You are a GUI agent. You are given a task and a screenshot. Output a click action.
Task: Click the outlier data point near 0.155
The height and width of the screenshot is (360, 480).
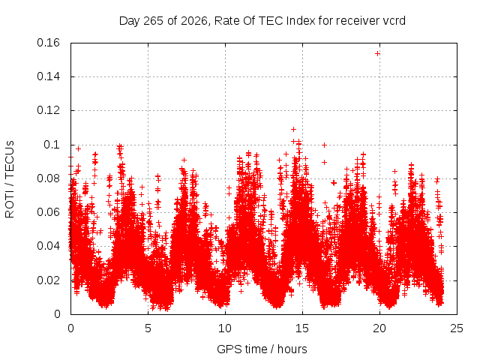377,54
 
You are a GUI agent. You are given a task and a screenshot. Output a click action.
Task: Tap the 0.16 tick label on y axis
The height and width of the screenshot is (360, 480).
48,43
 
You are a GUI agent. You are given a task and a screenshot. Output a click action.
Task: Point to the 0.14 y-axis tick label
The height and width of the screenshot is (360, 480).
48,76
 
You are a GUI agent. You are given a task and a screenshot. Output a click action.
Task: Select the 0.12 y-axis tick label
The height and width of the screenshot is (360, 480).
48,110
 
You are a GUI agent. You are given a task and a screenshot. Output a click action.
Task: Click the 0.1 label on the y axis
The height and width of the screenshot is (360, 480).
52,145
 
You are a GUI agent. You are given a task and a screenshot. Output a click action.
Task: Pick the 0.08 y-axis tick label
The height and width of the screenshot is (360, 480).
48,178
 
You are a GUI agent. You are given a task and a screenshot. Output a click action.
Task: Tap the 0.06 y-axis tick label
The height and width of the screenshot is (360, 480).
48,212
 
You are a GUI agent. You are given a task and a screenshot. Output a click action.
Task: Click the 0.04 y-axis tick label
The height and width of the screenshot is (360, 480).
48,246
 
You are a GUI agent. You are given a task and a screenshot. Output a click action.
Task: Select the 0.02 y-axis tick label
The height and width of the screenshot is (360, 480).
48,280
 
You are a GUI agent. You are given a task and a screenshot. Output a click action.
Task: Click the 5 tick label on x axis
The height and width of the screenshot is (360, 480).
148,328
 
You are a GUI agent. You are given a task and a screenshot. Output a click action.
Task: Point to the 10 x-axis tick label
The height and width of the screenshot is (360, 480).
225,328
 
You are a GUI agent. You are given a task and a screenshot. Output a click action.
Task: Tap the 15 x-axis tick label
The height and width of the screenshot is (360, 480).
302,328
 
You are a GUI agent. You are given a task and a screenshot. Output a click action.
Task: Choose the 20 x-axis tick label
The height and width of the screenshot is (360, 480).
379,328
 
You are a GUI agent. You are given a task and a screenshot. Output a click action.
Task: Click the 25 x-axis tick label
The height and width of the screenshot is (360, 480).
457,328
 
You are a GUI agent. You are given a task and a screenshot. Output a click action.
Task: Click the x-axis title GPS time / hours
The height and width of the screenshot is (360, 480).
262,349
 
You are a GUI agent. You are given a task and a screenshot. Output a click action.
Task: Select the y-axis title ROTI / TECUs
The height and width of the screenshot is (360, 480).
10,179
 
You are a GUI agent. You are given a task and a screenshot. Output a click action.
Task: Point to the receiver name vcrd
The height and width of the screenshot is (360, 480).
394,21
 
